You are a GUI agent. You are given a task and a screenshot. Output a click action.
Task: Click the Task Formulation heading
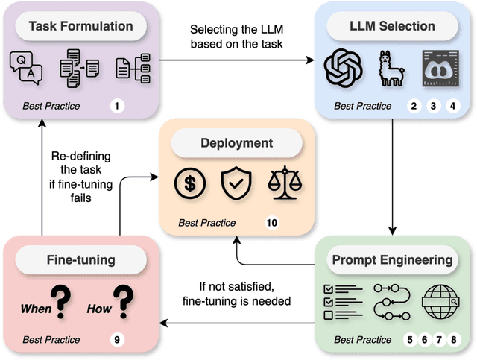(80, 27)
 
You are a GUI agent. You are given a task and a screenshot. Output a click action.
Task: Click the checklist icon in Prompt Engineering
(342, 301)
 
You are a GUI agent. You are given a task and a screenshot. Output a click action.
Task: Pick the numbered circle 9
(116, 340)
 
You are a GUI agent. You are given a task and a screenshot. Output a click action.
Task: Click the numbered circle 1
(116, 106)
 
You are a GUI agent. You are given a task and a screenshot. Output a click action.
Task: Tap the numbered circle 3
(432, 106)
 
